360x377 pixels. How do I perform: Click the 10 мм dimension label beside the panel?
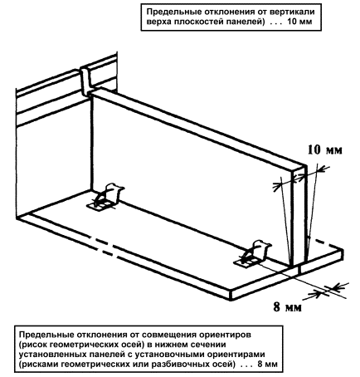[x=325, y=149]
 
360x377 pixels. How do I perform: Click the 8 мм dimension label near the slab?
[x=287, y=307]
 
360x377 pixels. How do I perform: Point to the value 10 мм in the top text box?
[x=299, y=22]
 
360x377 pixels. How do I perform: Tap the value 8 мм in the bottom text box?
[x=267, y=364]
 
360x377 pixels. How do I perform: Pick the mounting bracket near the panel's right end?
[x=252, y=254]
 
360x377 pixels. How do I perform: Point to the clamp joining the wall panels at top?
[x=86, y=81]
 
